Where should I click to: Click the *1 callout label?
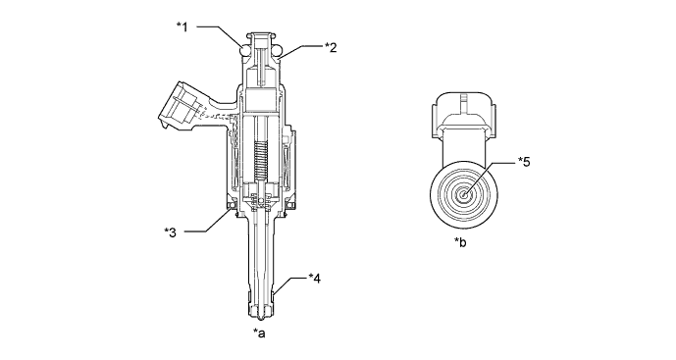click(x=182, y=27)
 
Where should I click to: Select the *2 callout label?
click(x=331, y=47)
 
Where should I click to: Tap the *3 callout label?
click(x=170, y=232)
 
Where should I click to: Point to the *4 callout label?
click(x=315, y=279)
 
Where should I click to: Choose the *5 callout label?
click(x=524, y=162)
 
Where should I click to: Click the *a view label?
click(x=259, y=333)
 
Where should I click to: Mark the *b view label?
click(x=460, y=242)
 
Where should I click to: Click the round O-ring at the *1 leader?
click(x=245, y=51)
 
